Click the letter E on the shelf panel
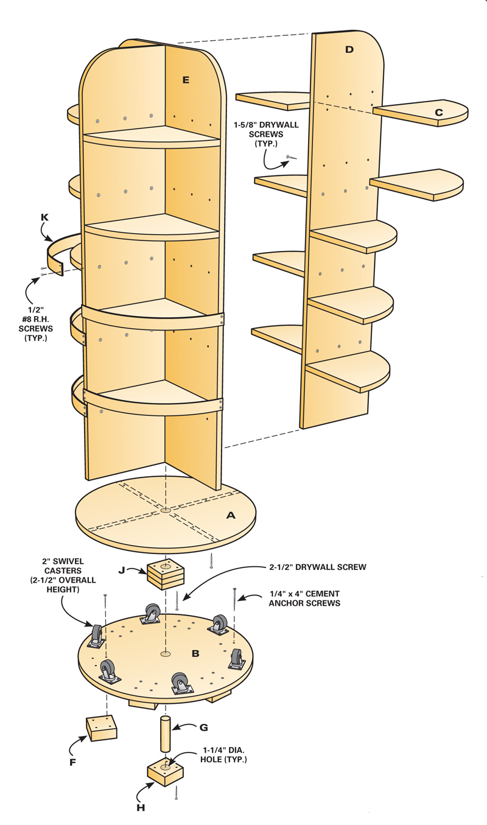pos(185,79)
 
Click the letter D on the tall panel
pos(349,49)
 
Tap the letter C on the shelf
pos(438,112)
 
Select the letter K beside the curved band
pos(44,217)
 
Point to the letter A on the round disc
pos(231,515)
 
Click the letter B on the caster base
pos(195,654)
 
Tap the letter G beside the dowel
pos(203,727)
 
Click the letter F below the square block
pos(72,761)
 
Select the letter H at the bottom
pos(141,808)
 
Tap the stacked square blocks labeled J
pos(165,573)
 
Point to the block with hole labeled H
pos(166,773)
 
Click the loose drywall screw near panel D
pos(290,158)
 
